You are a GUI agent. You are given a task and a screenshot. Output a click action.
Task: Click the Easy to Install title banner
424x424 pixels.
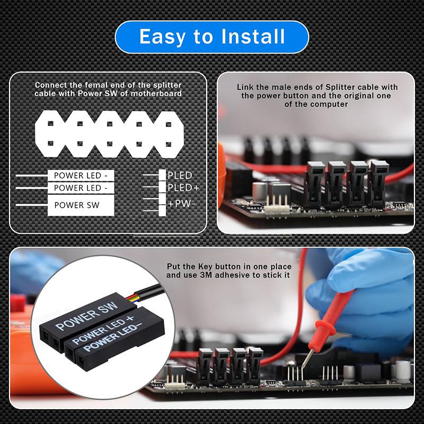pos(212,37)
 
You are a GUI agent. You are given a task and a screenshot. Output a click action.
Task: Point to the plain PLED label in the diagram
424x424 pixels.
pos(180,175)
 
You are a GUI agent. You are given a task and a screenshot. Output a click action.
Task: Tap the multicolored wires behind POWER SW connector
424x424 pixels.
pos(135,294)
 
